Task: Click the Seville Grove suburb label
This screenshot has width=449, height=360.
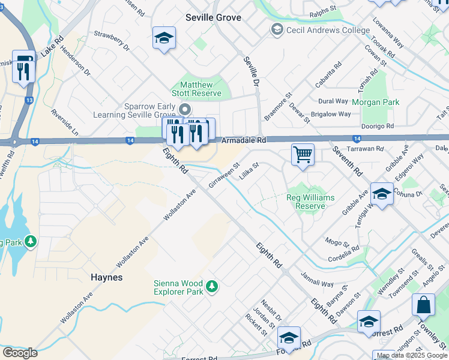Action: pyautogui.click(x=213, y=17)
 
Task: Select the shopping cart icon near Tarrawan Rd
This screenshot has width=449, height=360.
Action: pyautogui.click(x=303, y=154)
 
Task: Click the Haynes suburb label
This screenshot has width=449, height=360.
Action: pyautogui.click(x=106, y=277)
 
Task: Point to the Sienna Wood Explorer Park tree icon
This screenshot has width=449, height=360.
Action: pyautogui.click(x=211, y=287)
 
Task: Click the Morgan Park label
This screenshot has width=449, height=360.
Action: pyautogui.click(x=375, y=102)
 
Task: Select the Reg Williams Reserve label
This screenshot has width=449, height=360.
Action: pyautogui.click(x=310, y=202)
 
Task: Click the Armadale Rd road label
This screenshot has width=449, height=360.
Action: pyautogui.click(x=243, y=140)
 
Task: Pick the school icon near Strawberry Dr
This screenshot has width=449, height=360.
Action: pyautogui.click(x=164, y=38)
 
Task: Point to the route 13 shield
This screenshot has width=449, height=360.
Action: pyautogui.click(x=29, y=100)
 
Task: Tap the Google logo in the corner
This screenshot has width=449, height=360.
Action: pyautogui.click(x=20, y=353)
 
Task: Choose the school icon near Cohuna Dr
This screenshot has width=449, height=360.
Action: pyautogui.click(x=382, y=194)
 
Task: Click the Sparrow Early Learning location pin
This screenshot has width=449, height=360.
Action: pyautogui.click(x=185, y=110)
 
